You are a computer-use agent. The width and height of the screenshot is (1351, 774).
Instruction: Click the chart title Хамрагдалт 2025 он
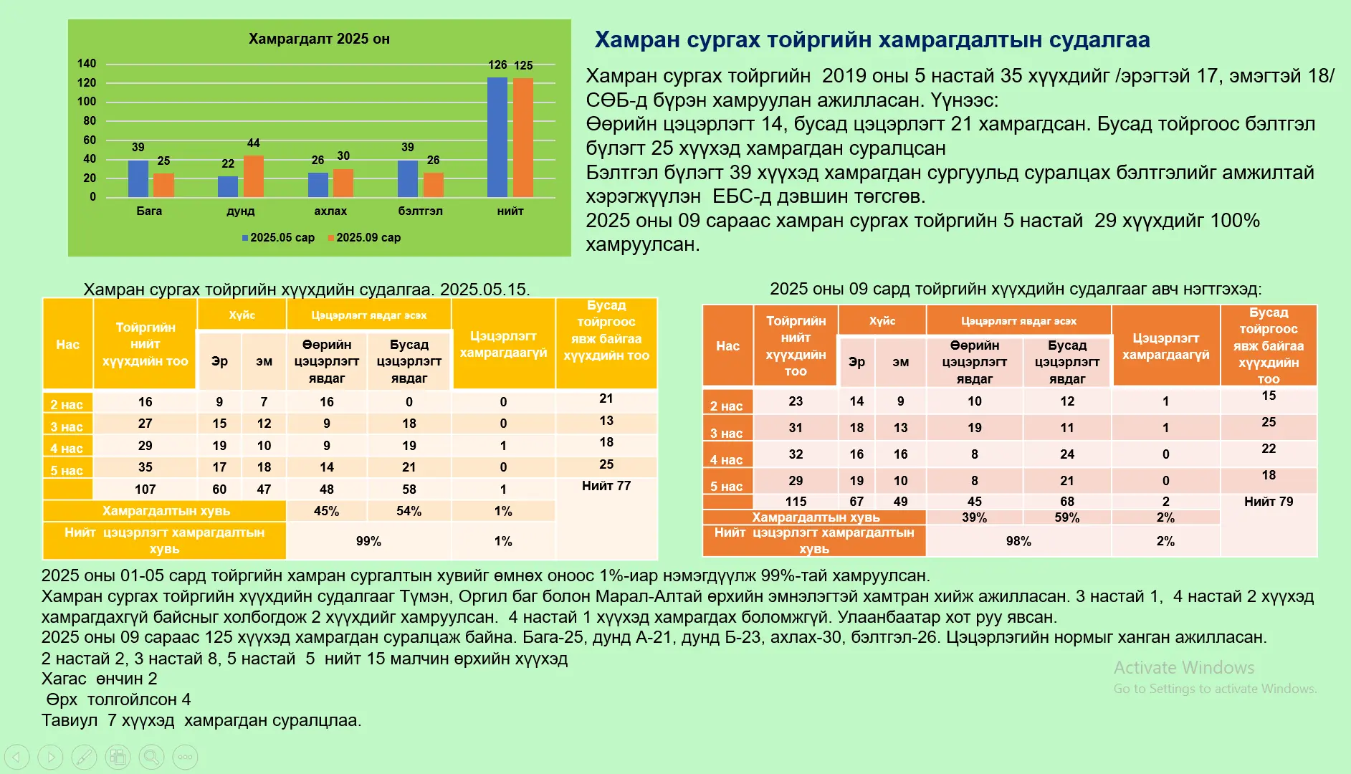pos(319,39)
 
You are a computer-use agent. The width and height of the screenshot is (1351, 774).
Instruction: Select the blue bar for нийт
pos(497,137)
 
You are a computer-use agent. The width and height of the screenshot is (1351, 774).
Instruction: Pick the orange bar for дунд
pos(254,176)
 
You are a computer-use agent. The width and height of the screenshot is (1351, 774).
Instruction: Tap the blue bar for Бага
pos(138,178)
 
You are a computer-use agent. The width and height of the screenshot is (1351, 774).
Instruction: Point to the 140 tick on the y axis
pos(87,63)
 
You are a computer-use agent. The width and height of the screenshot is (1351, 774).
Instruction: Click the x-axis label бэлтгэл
pos(420,211)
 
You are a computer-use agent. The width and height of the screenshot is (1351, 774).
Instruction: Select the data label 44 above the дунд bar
pos(254,143)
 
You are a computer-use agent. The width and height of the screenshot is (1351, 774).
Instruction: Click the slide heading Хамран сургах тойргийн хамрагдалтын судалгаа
pos(872,39)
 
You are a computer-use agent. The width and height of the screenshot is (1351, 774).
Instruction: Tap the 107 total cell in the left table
pos(145,489)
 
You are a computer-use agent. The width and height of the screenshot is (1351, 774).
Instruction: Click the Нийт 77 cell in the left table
pos(606,486)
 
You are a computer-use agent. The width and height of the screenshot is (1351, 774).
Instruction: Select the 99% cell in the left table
pos(368,541)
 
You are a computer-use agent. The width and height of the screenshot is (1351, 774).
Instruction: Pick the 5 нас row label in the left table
pos(67,470)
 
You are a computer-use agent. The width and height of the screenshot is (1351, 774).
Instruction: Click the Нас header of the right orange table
pos(727,345)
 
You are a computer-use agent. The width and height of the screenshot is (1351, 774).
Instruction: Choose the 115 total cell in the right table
pos(796,502)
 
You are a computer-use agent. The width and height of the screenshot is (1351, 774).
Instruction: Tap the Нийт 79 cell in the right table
pos(1269,502)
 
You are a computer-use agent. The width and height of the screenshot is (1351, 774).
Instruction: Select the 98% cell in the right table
pos(1018,541)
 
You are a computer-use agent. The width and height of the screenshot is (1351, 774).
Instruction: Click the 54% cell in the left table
pos(409,511)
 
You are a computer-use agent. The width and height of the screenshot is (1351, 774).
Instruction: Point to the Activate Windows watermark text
pos(1184,668)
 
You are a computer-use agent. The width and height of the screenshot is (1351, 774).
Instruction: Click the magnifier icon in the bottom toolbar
pos(151,757)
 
